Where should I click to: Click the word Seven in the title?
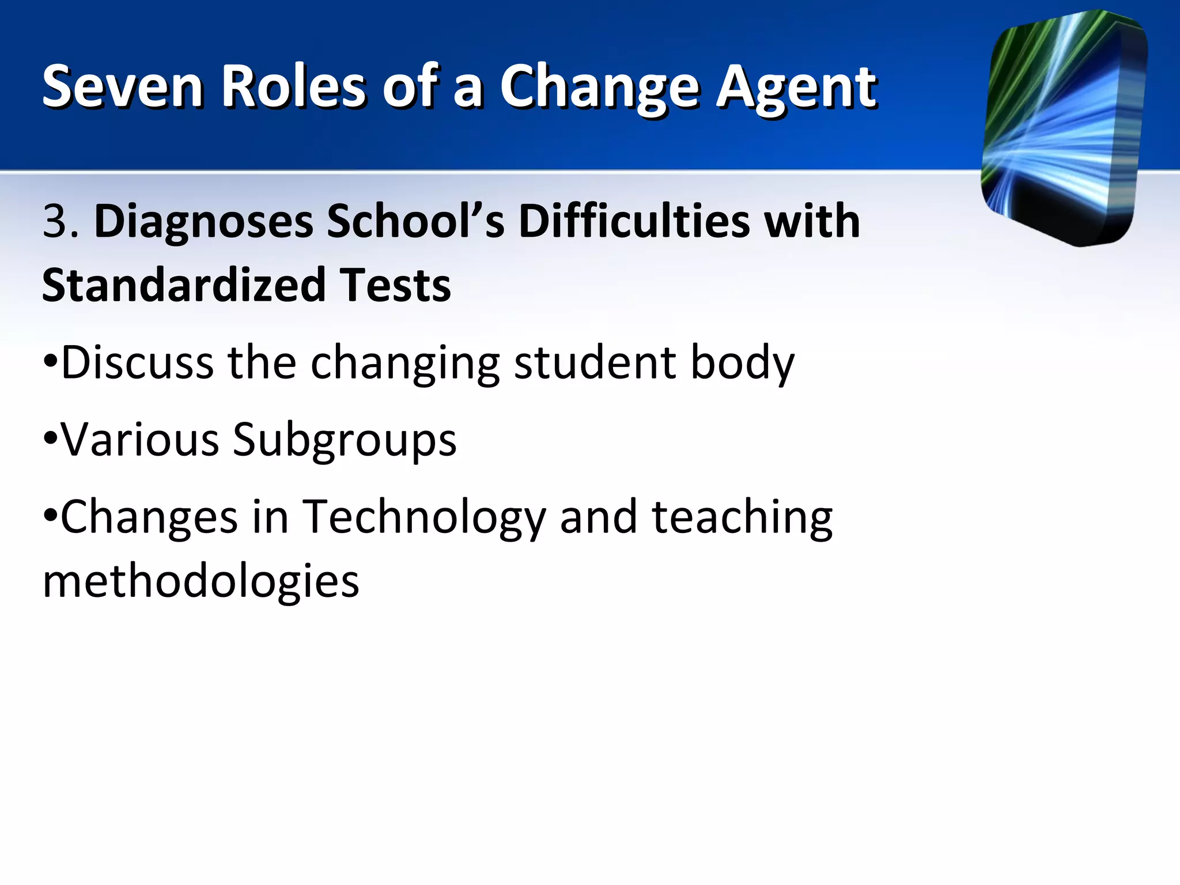pyautogui.click(x=122, y=86)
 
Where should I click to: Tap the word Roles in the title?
pyautogui.click(x=294, y=86)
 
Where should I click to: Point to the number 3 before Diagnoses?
pyautogui.click(x=55, y=221)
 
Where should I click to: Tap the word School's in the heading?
pyautogui.click(x=415, y=221)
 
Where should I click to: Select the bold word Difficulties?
pyautogui.click(x=634, y=221)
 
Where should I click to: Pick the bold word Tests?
pyautogui.click(x=395, y=285)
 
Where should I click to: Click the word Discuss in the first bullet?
pyautogui.click(x=137, y=363)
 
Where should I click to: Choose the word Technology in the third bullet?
pyautogui.click(x=423, y=517)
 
